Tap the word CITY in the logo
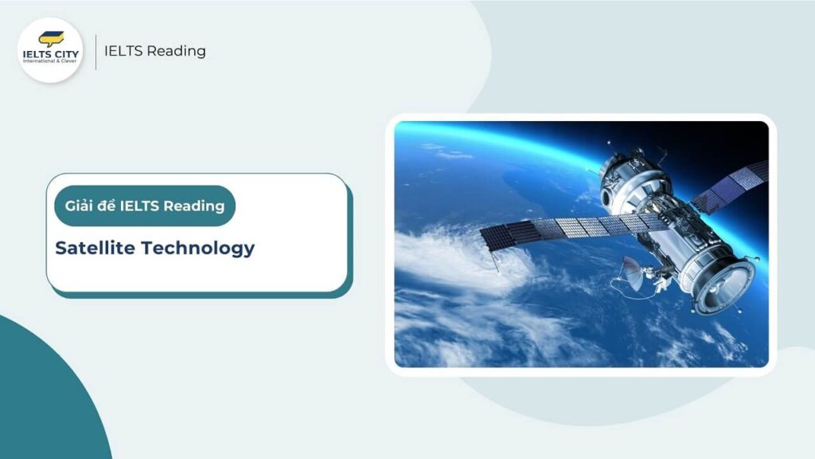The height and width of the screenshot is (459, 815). click(63, 53)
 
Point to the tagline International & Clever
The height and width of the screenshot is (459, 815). click(51, 61)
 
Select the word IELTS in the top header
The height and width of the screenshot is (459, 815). click(123, 51)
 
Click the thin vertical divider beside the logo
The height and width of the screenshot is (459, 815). click(96, 51)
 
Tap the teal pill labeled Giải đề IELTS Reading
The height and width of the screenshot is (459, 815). click(145, 206)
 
